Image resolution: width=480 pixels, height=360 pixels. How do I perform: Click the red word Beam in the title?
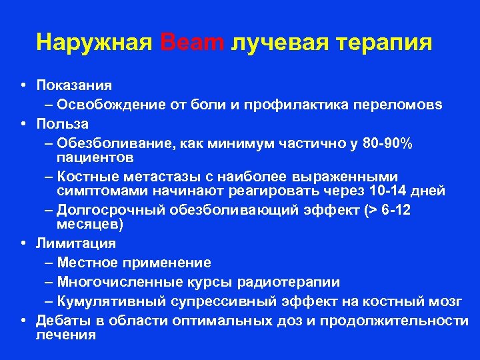coord(193,43)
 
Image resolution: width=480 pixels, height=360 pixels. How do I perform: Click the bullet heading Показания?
coord(74,85)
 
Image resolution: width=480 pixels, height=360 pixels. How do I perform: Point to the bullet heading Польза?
coord(63,124)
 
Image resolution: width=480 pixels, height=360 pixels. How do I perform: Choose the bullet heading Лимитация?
coord(76,243)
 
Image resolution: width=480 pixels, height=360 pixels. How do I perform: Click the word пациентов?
coord(95,157)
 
